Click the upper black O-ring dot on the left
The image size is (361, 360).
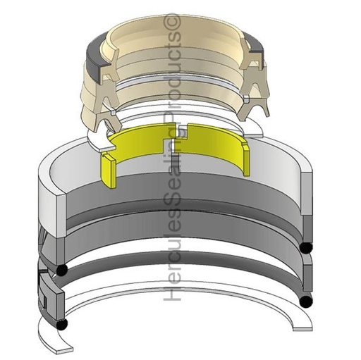[62, 270]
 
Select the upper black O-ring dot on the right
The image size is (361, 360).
[305, 248]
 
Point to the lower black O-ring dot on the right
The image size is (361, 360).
[305, 301]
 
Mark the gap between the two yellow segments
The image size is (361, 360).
[185, 132]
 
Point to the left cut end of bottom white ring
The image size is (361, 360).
[62, 347]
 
